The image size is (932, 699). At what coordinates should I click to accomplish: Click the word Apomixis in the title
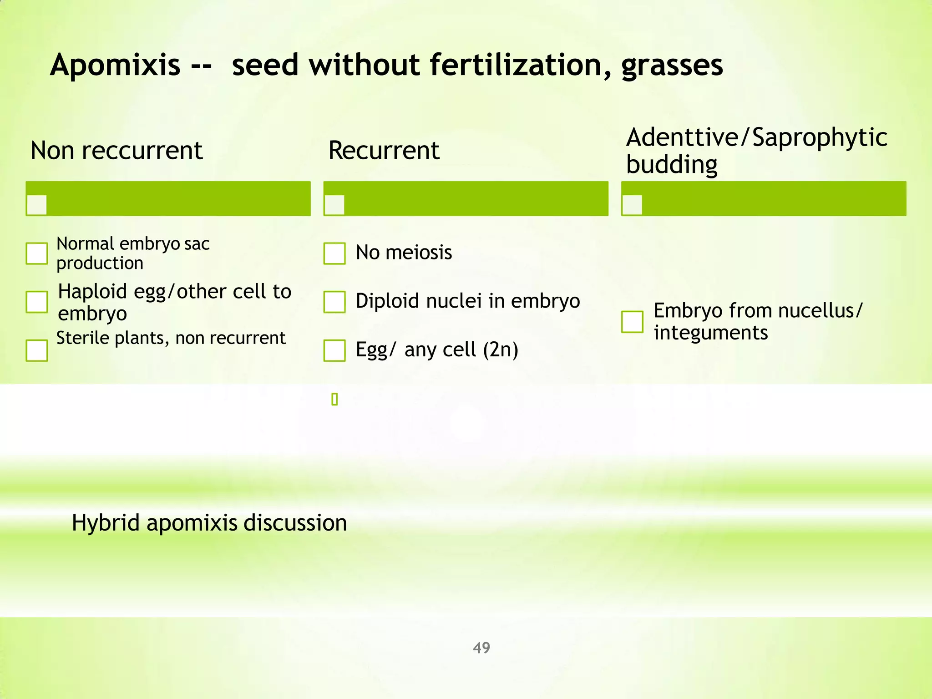click(x=115, y=65)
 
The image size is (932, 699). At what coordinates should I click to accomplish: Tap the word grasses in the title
click(x=672, y=65)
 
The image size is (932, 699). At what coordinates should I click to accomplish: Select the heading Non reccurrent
click(x=116, y=151)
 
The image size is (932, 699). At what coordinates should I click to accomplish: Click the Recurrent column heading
click(x=384, y=151)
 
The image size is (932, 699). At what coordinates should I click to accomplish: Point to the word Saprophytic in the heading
click(x=819, y=137)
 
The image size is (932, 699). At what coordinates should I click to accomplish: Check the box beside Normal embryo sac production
click(x=37, y=253)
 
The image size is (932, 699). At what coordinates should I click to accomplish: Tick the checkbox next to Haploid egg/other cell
click(x=37, y=302)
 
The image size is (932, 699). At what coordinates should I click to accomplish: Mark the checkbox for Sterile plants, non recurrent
click(x=37, y=350)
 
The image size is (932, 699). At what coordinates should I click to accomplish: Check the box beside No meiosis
click(x=334, y=253)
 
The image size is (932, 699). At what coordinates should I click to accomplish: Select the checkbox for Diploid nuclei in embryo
click(x=334, y=302)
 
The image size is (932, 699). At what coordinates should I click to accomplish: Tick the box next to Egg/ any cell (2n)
click(x=334, y=350)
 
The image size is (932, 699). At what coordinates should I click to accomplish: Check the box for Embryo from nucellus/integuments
click(x=632, y=322)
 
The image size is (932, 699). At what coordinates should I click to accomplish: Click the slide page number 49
click(x=481, y=648)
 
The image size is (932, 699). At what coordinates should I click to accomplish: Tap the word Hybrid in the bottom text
click(x=106, y=522)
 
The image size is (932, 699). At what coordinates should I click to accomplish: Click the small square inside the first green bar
click(x=37, y=205)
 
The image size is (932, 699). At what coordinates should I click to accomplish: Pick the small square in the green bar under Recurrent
click(x=334, y=205)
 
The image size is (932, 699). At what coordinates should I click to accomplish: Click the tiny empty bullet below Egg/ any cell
click(x=334, y=400)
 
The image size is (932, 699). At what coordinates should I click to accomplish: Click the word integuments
click(x=710, y=333)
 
